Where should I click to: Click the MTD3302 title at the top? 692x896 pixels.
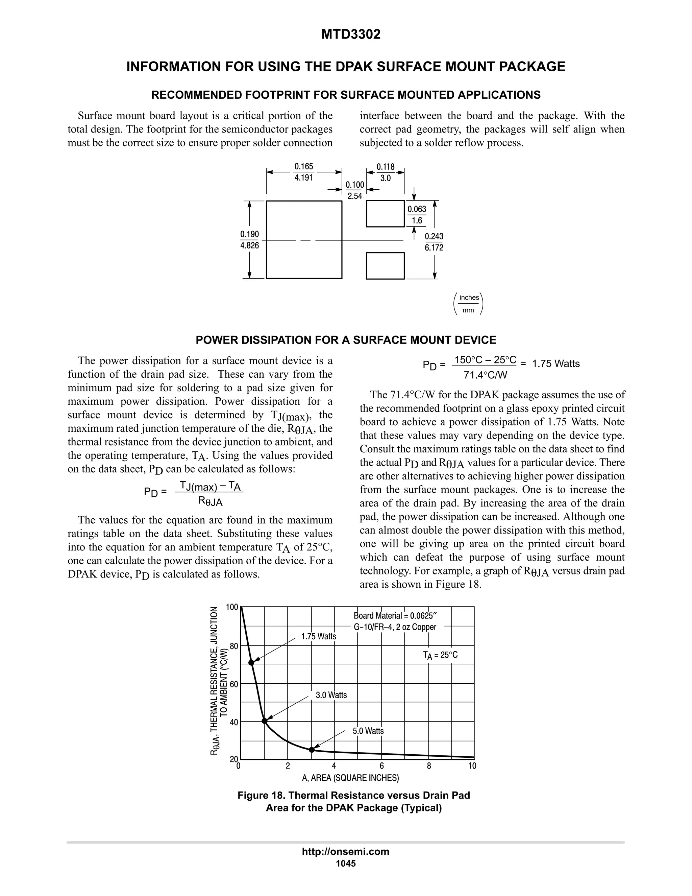(350, 34)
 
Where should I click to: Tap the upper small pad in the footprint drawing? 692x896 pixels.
(385, 214)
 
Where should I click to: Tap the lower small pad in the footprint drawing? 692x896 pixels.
(385, 266)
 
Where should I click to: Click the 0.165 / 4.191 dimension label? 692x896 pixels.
(304, 172)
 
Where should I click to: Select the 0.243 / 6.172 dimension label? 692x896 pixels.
(434, 242)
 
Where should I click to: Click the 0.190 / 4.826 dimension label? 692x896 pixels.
(249, 240)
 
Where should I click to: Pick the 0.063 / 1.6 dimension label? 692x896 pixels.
(417, 215)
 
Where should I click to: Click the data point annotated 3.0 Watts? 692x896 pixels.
(265, 721)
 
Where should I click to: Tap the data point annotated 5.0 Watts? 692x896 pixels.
(312, 750)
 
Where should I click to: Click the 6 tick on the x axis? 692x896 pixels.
(382, 766)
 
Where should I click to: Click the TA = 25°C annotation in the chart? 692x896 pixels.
(440, 656)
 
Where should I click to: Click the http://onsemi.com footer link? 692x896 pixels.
(346, 852)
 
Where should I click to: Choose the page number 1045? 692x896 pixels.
(346, 864)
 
